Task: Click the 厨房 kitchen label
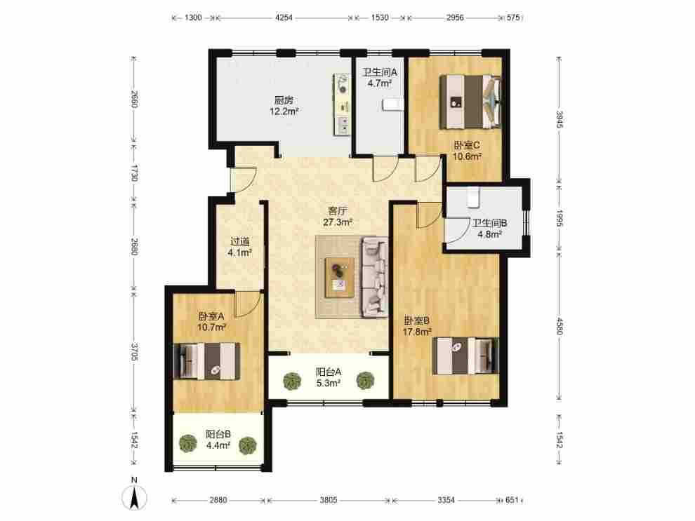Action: coord(284,100)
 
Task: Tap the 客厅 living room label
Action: coord(337,211)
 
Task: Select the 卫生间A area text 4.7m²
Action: coord(379,83)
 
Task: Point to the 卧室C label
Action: coord(467,145)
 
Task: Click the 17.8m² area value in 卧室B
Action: coord(417,332)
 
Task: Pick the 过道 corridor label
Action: coord(240,242)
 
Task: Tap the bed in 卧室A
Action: coord(207,361)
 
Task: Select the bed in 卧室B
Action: coord(465,356)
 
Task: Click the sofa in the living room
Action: coord(376,277)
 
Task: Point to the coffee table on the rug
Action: coord(340,278)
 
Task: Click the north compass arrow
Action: coord(134,498)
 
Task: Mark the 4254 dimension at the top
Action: coord(284,18)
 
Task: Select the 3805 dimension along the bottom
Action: coord(329,500)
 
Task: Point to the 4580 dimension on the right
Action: coord(560,326)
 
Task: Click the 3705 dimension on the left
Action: coord(134,351)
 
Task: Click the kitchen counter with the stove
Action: coord(342,104)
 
